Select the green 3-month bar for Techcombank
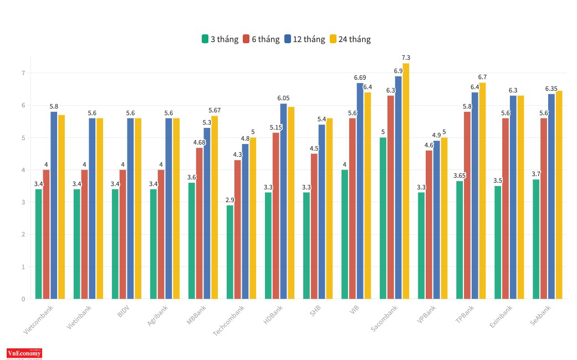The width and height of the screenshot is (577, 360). click(x=230, y=252)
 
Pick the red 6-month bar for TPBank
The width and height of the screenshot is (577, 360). click(x=467, y=205)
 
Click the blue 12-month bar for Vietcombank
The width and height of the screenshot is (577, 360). click(x=54, y=205)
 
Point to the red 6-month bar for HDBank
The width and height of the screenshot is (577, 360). click(x=276, y=216)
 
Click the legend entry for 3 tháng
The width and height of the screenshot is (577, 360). click(x=220, y=39)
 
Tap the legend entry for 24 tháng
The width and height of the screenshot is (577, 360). click(x=350, y=39)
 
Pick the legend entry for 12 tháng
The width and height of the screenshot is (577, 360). click(x=304, y=39)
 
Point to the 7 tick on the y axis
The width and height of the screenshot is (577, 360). click(x=23, y=73)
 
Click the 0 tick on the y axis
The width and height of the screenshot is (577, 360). click(x=23, y=299)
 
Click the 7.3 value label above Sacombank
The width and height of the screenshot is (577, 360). click(x=406, y=58)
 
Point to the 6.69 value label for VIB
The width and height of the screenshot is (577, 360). click(x=360, y=78)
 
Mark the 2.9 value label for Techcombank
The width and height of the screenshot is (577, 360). click(x=229, y=199)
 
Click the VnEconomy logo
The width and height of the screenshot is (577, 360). click(x=24, y=353)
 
